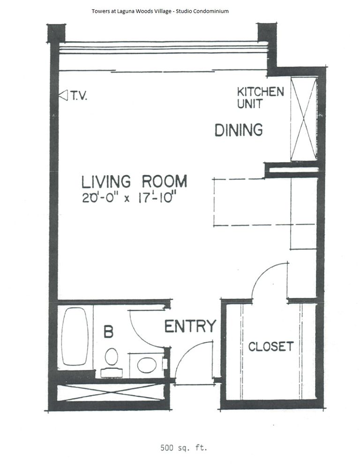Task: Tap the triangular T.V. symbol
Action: pyautogui.click(x=62, y=96)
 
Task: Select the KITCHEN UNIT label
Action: pyautogui.click(x=260, y=97)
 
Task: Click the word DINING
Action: pyautogui.click(x=238, y=129)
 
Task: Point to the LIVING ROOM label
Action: pyautogui.click(x=135, y=181)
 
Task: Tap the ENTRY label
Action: pyautogui.click(x=190, y=326)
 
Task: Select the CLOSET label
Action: pyautogui.click(x=271, y=347)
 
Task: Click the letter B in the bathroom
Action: pyautogui.click(x=108, y=332)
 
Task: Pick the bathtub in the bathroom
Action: pyautogui.click(x=75, y=336)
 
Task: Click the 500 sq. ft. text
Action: pyautogui.click(x=183, y=448)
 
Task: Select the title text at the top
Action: pyautogui.click(x=160, y=11)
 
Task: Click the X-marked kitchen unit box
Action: pyautogui.click(x=304, y=119)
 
